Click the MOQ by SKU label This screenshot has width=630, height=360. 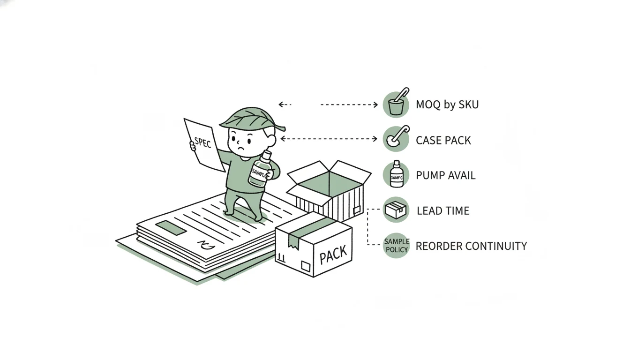[x=447, y=105]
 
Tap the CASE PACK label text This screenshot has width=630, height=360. [x=443, y=140]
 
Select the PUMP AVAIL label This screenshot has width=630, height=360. [x=445, y=175]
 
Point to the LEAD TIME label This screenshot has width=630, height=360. [x=443, y=210]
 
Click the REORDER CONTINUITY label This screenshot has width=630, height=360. [x=471, y=246]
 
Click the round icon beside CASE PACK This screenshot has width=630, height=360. [x=396, y=139]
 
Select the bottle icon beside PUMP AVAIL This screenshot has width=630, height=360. [x=396, y=174]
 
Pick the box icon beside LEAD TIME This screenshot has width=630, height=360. [x=396, y=210]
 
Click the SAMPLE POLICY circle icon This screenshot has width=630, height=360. [x=396, y=245]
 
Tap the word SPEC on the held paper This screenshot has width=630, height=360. [x=202, y=142]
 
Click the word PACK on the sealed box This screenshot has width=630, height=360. [x=333, y=255]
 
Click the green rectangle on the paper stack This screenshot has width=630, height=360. [x=171, y=228]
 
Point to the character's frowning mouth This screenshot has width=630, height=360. [x=241, y=148]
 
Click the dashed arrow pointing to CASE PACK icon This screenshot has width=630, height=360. [x=329, y=139]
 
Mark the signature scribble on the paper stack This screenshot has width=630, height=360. [x=206, y=246]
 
